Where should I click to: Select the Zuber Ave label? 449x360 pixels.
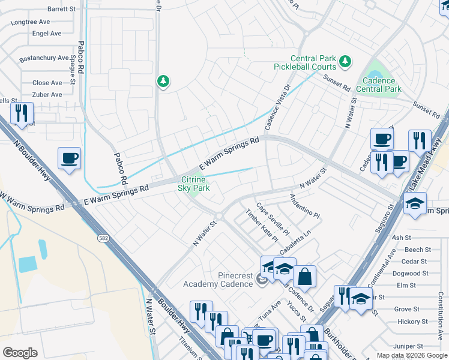(47, 95)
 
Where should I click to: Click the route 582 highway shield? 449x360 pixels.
(101, 239)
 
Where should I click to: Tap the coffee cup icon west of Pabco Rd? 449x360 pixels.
(69, 158)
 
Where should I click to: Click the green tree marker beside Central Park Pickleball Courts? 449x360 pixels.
(345, 61)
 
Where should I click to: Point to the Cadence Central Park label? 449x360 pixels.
(378, 85)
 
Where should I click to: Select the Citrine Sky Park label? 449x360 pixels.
(194, 184)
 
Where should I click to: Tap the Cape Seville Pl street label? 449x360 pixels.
(273, 220)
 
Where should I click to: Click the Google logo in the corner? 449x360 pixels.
(20, 353)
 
